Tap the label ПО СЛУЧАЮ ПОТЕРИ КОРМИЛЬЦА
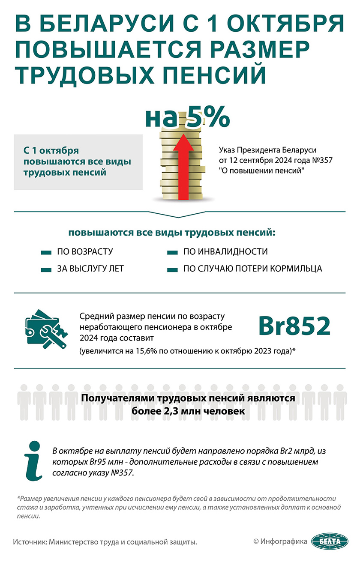pos(252,269)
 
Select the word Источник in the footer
pos(30,542)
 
